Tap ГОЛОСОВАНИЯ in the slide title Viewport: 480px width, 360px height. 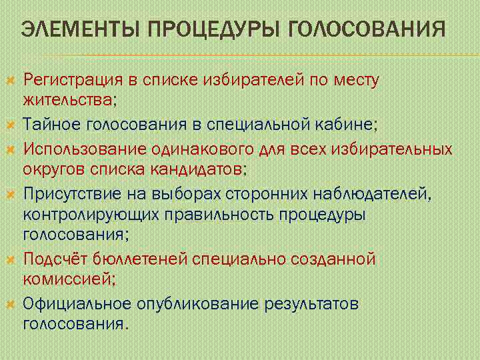368,30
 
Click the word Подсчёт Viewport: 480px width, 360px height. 55,259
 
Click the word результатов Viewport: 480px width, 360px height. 312,304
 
